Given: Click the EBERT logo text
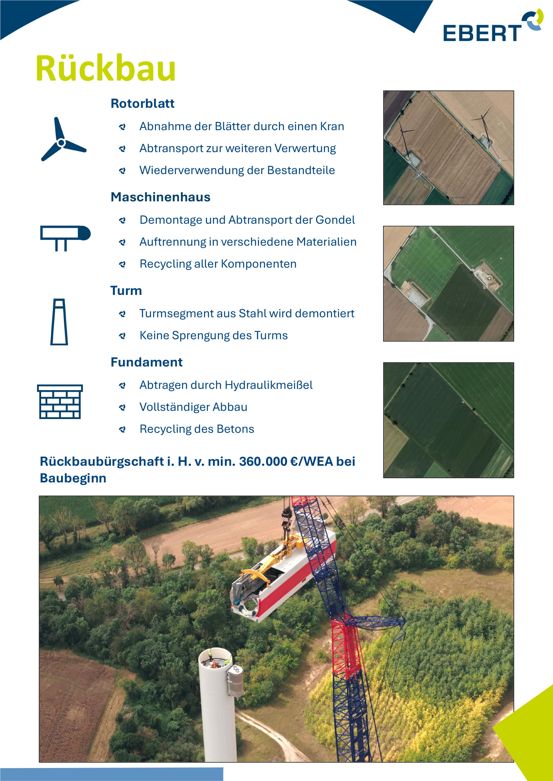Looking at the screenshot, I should pos(482,33).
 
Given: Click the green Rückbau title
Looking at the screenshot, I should pos(106,68).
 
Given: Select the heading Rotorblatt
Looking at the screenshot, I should pos(143,103).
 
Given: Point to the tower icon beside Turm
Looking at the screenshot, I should pos(59,322).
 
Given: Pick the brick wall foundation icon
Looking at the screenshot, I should pos(60,401).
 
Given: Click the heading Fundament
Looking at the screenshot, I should pos(147,362).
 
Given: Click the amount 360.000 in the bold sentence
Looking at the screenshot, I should pos(263,462).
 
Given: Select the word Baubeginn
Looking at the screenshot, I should pos(73,478).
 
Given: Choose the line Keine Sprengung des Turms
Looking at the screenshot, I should pos(213,336).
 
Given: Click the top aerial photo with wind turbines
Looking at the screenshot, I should pos(448,148).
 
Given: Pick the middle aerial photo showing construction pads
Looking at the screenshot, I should pos(448,284).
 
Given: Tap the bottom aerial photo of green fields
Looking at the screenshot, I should pos(448,420).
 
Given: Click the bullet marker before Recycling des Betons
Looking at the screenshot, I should pos(122,429).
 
